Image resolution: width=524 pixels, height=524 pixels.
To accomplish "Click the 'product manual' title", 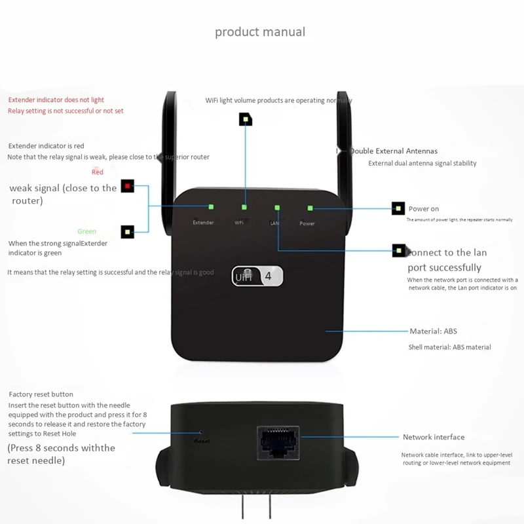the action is (x=260, y=31).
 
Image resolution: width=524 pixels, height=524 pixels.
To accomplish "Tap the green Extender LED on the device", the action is (x=211, y=207).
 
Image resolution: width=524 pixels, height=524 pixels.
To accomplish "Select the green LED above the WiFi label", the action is (x=244, y=207).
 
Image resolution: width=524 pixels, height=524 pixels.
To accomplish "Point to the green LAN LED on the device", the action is (x=278, y=208).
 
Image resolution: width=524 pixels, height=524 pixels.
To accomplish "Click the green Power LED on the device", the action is (x=310, y=208).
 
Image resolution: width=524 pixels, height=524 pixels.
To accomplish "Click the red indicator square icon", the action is (x=127, y=186).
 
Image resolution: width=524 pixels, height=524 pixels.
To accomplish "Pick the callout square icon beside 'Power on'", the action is (x=398, y=209).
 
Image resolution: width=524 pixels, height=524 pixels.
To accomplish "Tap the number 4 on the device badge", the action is (x=268, y=276).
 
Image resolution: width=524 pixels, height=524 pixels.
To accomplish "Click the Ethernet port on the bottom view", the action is (x=278, y=441).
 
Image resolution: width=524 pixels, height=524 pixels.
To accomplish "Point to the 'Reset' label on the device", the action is (x=201, y=441).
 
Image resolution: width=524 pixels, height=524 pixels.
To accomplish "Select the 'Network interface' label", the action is (x=434, y=437).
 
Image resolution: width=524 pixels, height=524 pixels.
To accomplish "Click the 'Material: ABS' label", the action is (x=434, y=331).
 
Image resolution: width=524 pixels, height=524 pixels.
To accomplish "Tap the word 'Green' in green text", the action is (x=86, y=231).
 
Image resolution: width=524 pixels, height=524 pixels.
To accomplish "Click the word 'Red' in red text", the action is (x=98, y=172).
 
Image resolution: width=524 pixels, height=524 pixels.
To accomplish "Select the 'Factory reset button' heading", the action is (x=41, y=394).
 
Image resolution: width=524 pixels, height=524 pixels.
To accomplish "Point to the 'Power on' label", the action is (x=424, y=209).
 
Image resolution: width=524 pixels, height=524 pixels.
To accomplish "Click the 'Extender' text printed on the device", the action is (x=203, y=223).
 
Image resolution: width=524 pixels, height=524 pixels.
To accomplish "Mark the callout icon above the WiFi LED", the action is (x=246, y=119).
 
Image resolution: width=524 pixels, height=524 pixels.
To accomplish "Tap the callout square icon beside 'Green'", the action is (x=127, y=231).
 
